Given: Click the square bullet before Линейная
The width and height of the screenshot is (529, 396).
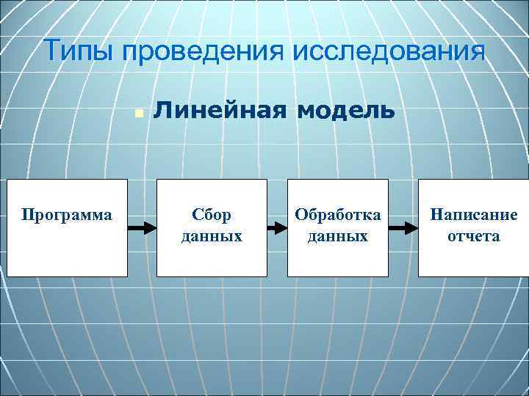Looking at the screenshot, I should [x=138, y=113].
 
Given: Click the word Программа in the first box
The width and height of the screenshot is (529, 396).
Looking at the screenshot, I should [x=67, y=215].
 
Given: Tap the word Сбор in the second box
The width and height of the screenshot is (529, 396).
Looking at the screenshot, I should [x=212, y=215].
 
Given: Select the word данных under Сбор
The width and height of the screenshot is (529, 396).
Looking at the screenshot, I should [x=212, y=236].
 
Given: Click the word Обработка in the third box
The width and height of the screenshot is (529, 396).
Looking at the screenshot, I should [x=338, y=215].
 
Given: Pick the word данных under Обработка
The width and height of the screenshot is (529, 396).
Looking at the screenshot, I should [x=338, y=236].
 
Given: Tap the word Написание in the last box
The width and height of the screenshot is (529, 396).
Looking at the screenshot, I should [x=474, y=215].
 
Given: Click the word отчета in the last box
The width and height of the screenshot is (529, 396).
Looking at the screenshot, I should [x=474, y=236].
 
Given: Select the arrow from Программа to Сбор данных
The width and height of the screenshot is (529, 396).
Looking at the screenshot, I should [x=142, y=227].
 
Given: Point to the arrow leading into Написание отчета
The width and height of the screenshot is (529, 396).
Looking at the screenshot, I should [x=403, y=227].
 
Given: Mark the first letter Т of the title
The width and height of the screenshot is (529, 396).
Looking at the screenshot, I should [x=51, y=52].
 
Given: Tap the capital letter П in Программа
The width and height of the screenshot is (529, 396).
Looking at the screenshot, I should [x=27, y=215].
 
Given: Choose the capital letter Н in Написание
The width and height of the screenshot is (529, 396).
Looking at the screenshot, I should [x=436, y=215].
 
